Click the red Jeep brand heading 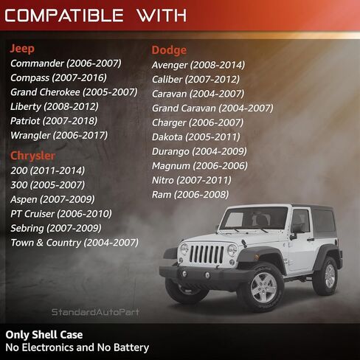click(22, 49)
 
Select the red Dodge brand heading click(169, 50)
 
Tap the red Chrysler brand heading click(32, 156)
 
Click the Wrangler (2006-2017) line click(59, 136)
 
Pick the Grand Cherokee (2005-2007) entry click(74, 92)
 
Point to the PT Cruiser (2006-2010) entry click(61, 214)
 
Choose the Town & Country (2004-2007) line click(75, 243)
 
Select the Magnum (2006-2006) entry click(200, 166)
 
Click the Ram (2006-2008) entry click(190, 195)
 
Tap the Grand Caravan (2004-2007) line click(212, 108)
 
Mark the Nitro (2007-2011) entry click(192, 180)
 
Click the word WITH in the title click(162, 15)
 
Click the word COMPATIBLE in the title click(64, 15)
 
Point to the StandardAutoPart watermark click(95, 312)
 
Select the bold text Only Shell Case click(44, 335)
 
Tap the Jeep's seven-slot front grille click(207, 255)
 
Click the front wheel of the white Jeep click(263, 287)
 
